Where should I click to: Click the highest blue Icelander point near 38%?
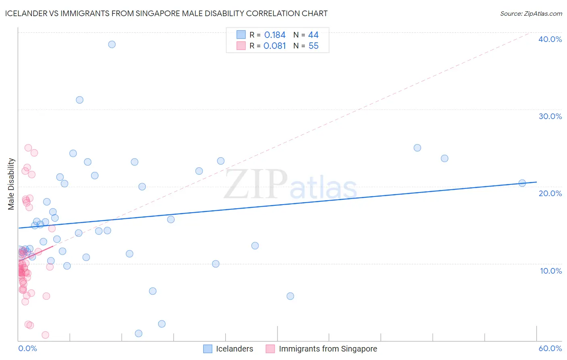pyautogui.click(x=112, y=44)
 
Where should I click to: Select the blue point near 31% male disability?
pyautogui.click(x=79, y=100)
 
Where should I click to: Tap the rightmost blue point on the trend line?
pyautogui.click(x=522, y=183)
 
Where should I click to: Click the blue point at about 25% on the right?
pyautogui.click(x=417, y=148)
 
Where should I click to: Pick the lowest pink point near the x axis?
pyautogui.click(x=45, y=335)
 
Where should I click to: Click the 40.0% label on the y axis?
pyautogui.click(x=550, y=39)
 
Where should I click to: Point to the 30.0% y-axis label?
pyautogui.click(x=550, y=116)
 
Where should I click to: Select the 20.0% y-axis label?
pyautogui.click(x=550, y=193)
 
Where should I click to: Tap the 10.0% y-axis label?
pyautogui.click(x=550, y=271)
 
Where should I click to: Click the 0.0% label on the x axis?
pyautogui.click(x=27, y=348)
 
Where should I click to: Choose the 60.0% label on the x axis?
pyautogui.click(x=550, y=348)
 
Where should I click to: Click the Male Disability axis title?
pyautogui.click(x=11, y=184)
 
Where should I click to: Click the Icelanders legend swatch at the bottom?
pyautogui.click(x=208, y=349)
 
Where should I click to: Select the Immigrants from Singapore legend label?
pyautogui.click(x=328, y=349)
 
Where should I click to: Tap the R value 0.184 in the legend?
pyautogui.click(x=275, y=35)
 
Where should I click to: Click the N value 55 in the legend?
pyautogui.click(x=313, y=46)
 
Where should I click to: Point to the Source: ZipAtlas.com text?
pyautogui.click(x=531, y=14)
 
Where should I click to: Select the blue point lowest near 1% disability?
pyautogui.click(x=138, y=333)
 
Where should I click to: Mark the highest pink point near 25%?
pyautogui.click(x=28, y=148)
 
